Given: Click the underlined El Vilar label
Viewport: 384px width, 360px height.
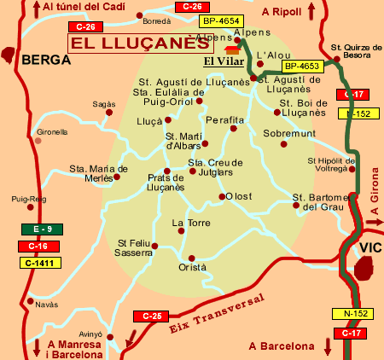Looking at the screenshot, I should click(x=219, y=61).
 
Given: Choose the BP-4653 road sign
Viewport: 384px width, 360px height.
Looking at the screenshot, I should click(x=300, y=65).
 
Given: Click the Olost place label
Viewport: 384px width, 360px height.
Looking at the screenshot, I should click(x=239, y=196).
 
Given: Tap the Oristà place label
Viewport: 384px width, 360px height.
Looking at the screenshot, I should click(x=192, y=267).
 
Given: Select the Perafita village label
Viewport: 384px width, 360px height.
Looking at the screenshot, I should click(x=225, y=120).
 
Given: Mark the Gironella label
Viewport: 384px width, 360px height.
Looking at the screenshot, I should click(x=51, y=132).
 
